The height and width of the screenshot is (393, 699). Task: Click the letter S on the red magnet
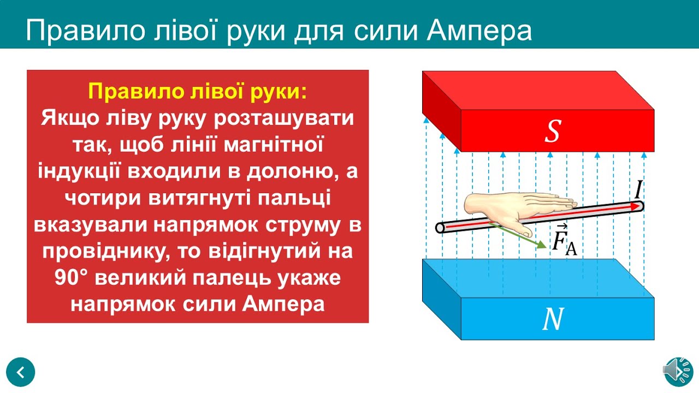(x=553, y=132)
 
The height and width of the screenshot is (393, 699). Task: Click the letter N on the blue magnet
(x=553, y=320)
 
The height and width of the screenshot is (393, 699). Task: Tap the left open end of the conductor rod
(x=440, y=228)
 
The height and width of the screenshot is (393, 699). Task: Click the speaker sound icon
(x=678, y=372)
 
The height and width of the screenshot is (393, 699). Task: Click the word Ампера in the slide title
(x=479, y=31)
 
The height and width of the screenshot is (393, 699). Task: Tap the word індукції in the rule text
(x=78, y=171)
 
